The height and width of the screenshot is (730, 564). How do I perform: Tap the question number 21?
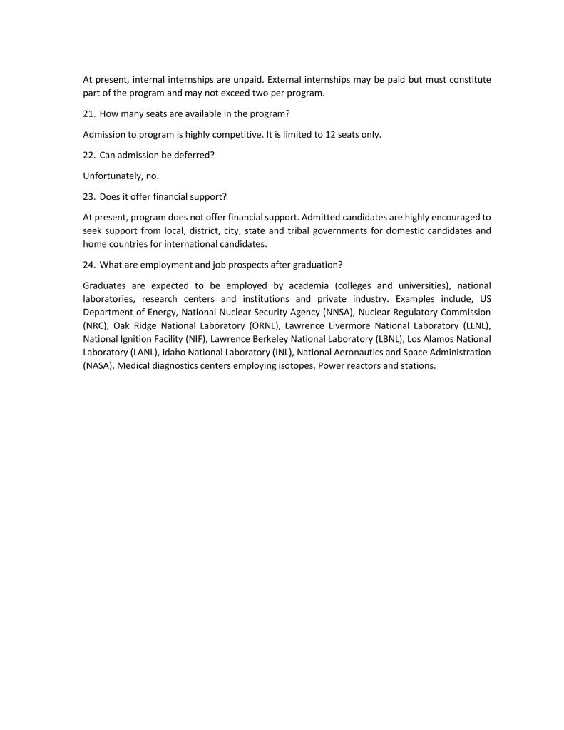(x=89, y=113)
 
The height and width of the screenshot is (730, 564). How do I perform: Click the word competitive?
(x=232, y=134)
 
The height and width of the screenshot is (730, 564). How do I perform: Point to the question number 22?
(x=89, y=155)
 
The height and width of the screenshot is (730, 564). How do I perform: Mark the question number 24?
(x=89, y=264)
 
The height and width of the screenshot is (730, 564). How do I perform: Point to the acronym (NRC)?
(x=96, y=325)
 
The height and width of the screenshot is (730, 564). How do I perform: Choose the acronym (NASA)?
(x=98, y=366)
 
